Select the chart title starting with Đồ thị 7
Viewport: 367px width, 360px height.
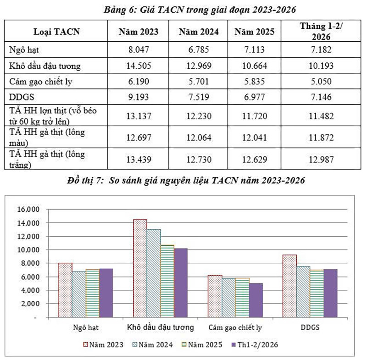click(x=183, y=181)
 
